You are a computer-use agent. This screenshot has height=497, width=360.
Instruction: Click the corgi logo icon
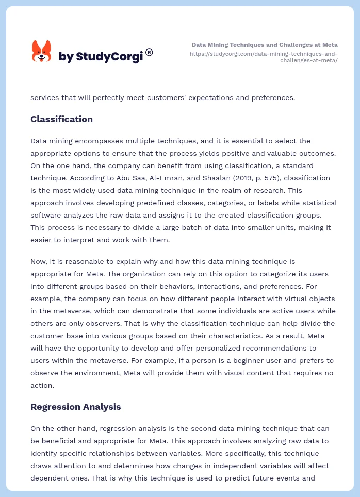42,52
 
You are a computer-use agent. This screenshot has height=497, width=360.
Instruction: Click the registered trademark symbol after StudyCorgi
149,52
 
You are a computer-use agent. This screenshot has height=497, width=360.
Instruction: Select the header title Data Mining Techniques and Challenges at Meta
265,45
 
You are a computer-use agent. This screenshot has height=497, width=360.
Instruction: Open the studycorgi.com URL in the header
264,57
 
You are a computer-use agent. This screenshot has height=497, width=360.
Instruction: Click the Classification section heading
61,119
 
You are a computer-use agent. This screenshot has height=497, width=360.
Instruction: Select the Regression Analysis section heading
75,407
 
